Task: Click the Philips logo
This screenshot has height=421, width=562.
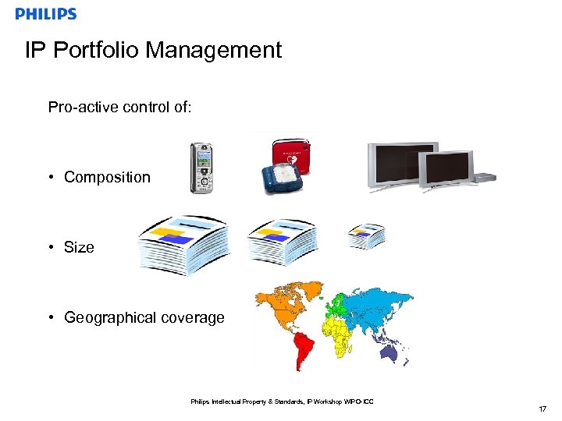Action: click(46, 14)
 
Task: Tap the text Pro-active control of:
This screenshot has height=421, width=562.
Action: click(119, 107)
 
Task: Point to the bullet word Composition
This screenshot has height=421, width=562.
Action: click(107, 177)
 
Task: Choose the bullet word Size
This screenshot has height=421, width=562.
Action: click(79, 247)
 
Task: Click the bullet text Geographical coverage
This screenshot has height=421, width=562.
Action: click(144, 317)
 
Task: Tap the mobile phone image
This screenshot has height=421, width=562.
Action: click(202, 168)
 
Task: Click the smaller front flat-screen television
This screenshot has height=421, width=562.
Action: click(446, 170)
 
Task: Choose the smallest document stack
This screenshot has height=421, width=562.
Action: click(366, 235)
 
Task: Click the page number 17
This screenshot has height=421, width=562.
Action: click(542, 409)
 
